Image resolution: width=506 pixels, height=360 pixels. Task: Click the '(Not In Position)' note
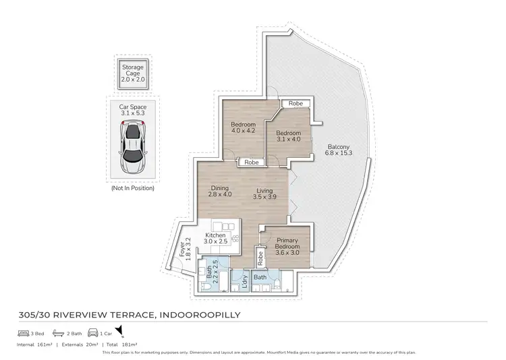tap(133, 188)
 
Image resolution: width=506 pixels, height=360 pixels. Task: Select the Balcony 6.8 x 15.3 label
tap(338, 151)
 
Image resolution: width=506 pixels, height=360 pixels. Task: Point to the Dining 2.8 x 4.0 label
tap(220, 191)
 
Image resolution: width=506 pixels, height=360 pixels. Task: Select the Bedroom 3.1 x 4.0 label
tap(288, 136)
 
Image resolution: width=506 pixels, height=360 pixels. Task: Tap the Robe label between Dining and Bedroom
tap(251, 162)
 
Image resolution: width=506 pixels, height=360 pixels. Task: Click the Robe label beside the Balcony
tap(295, 104)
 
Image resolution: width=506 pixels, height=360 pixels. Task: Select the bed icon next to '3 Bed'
tap(23, 333)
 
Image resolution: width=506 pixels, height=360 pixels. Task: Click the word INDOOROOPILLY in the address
tap(196, 313)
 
